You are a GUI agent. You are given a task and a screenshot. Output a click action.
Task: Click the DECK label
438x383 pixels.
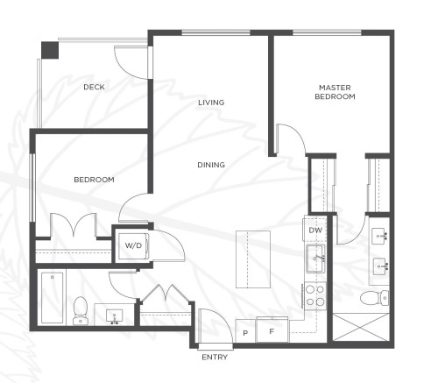95,87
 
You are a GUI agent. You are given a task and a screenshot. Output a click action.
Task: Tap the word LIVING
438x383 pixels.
210,103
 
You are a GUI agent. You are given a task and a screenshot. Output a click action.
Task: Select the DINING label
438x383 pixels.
210,164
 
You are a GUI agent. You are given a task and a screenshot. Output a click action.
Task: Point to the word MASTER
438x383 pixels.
335,87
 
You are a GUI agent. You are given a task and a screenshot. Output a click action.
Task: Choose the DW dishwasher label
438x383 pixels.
315,231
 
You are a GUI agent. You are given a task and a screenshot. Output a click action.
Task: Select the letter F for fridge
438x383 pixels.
272,331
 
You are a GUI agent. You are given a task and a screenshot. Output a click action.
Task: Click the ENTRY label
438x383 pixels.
215,358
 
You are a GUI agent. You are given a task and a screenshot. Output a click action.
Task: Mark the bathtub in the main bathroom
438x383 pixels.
52,297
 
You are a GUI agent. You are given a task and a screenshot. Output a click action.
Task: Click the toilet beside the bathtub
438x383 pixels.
81,309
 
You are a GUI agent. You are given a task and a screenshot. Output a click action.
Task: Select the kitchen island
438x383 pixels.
255,260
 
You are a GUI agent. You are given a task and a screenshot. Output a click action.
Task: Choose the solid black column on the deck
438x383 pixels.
49,48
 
